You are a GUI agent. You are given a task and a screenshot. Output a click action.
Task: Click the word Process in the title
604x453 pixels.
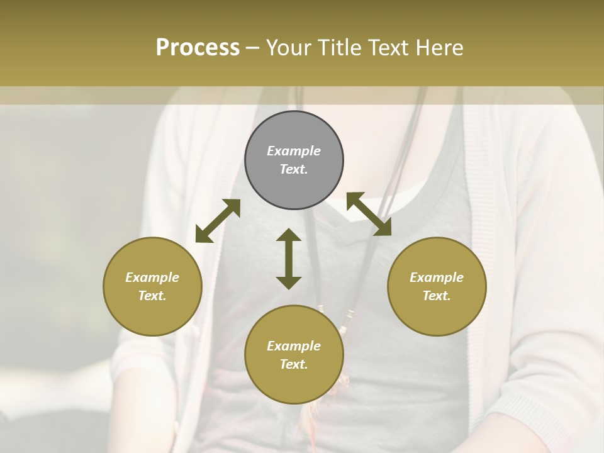[198, 48]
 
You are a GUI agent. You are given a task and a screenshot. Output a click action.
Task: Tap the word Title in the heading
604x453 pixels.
[340, 48]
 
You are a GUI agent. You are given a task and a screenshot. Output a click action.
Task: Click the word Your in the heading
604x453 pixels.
[290, 48]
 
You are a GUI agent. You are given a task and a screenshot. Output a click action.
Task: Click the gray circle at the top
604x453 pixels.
[294, 160]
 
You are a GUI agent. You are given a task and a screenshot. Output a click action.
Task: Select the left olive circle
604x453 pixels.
[152, 286]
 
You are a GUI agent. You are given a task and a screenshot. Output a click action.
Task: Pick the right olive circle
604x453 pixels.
[437, 286]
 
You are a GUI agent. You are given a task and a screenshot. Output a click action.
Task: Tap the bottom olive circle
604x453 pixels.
[294, 355]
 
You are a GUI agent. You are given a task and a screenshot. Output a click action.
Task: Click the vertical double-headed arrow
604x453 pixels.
[289, 259]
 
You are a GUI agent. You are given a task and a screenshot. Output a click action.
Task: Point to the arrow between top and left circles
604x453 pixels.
[218, 221]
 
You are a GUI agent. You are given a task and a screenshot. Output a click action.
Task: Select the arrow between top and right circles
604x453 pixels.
[369, 214]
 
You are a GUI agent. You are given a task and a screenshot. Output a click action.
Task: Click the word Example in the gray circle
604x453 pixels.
[294, 151]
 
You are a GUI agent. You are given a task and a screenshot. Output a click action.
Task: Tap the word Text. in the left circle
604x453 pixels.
[152, 296]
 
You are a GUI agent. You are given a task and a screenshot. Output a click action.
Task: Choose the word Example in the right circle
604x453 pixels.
[437, 277]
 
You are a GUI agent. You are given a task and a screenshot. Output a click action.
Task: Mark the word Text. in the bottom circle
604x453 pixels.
[294, 364]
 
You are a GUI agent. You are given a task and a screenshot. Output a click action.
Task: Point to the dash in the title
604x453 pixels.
[252, 48]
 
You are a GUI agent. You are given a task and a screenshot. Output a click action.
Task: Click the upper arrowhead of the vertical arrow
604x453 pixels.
[289, 236]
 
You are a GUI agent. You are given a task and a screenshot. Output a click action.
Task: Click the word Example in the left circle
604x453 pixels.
[152, 277]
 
